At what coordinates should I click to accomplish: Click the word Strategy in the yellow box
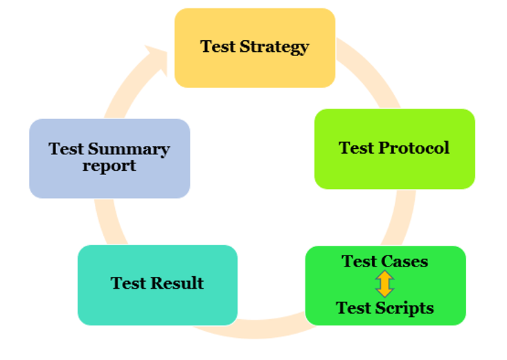(x=274, y=47)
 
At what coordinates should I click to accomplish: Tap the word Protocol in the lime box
(x=414, y=148)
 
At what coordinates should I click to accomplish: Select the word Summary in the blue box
(x=129, y=150)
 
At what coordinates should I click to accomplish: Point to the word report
(x=109, y=166)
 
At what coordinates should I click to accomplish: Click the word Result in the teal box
(x=177, y=283)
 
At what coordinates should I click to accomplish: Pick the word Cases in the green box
(x=404, y=261)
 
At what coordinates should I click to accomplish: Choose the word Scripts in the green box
(x=404, y=308)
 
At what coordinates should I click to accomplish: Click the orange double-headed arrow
(x=385, y=284)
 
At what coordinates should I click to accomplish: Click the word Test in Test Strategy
(x=217, y=46)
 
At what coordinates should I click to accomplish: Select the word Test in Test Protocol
(x=356, y=148)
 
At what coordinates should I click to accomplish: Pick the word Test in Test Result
(x=128, y=283)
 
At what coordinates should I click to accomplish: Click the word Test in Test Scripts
(x=353, y=307)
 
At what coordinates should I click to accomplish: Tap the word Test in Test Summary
(x=66, y=150)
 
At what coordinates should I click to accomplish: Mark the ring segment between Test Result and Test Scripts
(x=256, y=329)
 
